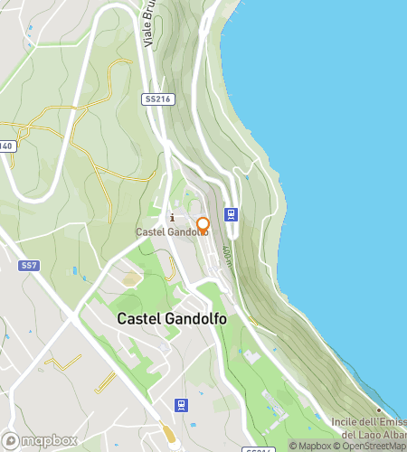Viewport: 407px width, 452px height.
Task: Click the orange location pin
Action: (x=203, y=224)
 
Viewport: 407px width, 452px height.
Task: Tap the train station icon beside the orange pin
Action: (x=232, y=215)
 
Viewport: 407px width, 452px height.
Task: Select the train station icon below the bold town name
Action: (x=181, y=404)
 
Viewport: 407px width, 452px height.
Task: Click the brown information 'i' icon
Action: (x=172, y=217)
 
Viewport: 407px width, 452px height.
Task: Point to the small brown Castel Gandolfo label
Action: (x=172, y=232)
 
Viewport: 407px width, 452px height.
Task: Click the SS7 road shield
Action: (x=27, y=265)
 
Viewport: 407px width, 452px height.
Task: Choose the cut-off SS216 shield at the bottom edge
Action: (x=257, y=449)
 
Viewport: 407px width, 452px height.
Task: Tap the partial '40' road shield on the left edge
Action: (x=6, y=146)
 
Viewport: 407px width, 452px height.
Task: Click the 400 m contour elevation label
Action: (x=226, y=256)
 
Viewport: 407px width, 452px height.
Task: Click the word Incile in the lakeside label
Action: (x=345, y=423)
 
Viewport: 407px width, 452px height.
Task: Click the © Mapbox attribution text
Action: (x=310, y=446)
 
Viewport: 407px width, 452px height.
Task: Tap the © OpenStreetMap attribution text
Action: (x=371, y=446)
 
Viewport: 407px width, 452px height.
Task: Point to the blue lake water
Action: (x=335, y=136)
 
